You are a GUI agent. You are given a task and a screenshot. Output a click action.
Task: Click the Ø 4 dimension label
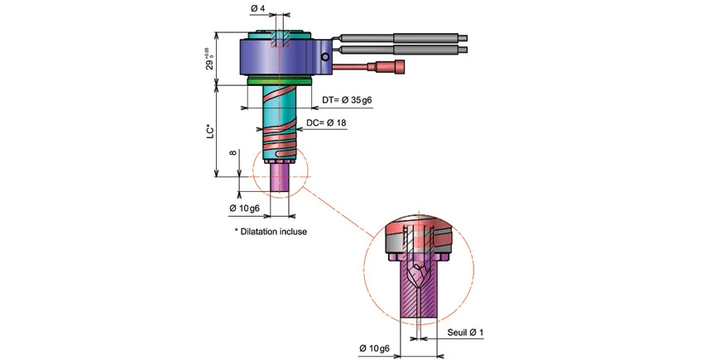257,9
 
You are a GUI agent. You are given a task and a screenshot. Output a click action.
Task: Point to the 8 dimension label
233,153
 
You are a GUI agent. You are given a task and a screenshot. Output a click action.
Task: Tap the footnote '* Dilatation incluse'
271,232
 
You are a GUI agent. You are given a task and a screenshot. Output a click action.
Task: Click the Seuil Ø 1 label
465,333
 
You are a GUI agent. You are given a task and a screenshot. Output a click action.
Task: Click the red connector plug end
401,66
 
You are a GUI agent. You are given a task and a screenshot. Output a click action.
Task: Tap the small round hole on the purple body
328,57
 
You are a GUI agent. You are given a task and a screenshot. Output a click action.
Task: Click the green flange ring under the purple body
280,81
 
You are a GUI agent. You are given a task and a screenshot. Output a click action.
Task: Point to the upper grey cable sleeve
425,36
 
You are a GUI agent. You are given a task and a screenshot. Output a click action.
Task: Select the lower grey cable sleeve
425,50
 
